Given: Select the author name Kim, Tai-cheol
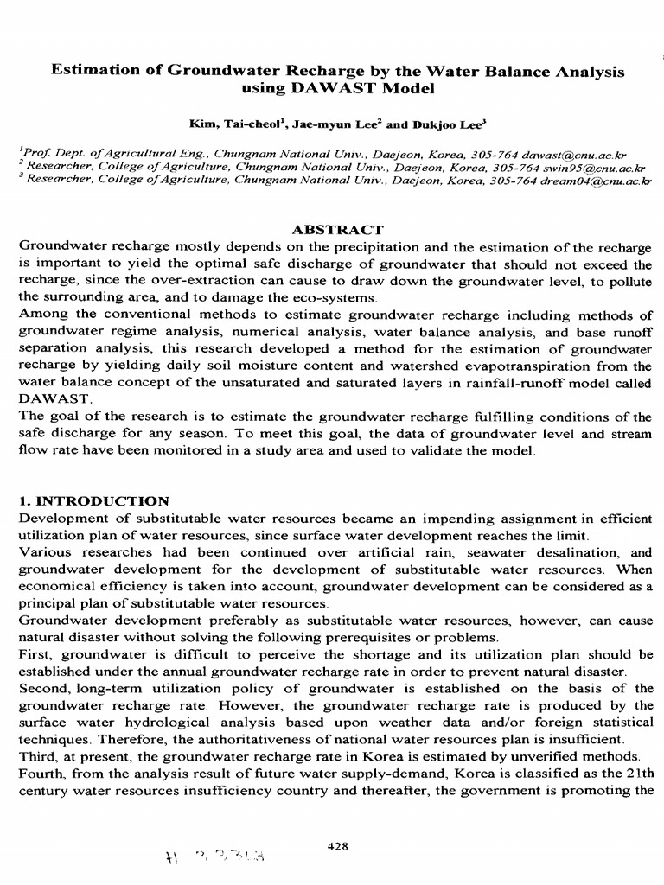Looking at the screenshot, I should pos(225,124).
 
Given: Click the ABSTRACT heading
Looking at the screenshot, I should pos(337,230).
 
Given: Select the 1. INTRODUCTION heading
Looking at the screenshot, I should pos(94,500).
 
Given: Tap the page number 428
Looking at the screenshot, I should pos(338,822).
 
